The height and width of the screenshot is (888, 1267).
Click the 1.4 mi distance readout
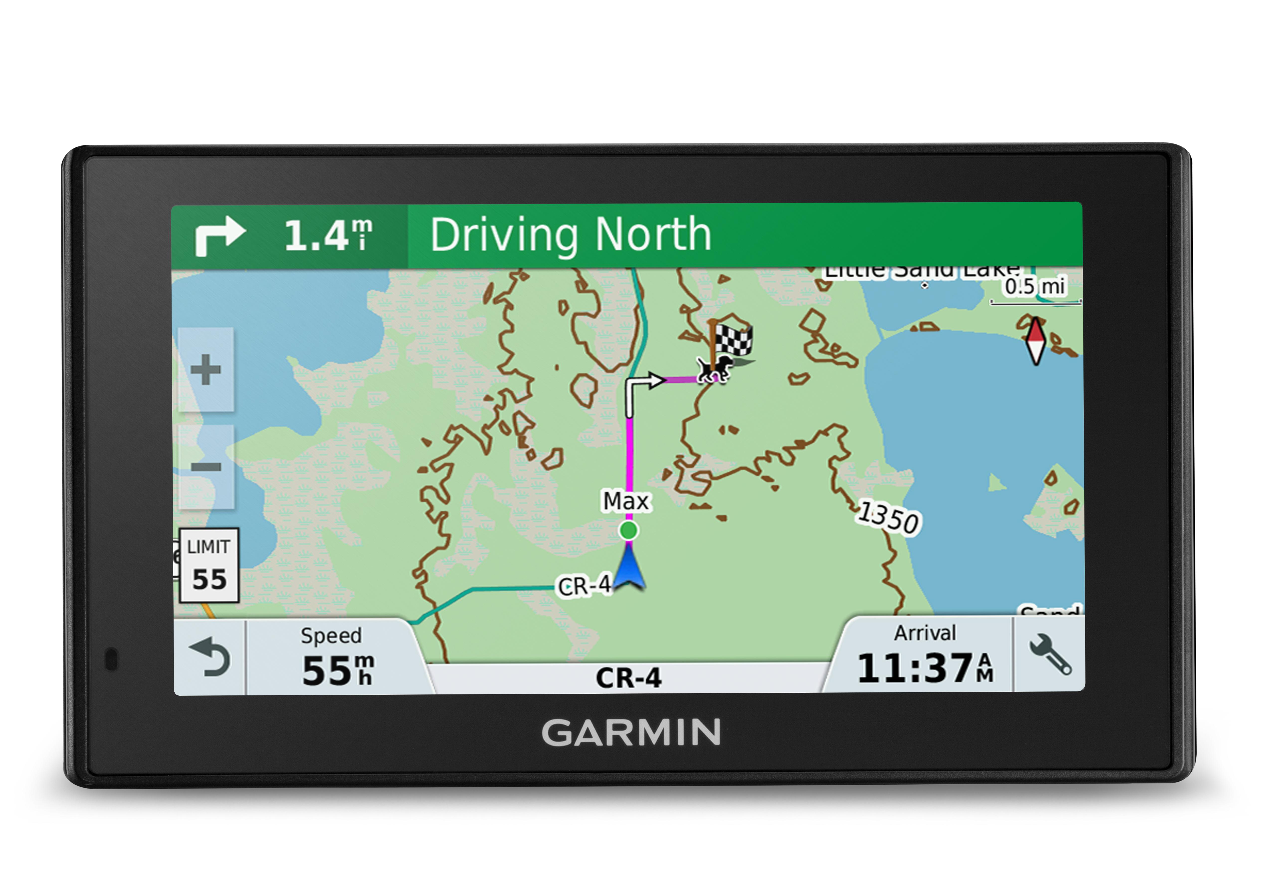(328, 236)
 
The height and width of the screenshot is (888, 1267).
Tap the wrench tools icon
(1050, 654)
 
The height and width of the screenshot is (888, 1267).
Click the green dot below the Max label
(629, 530)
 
